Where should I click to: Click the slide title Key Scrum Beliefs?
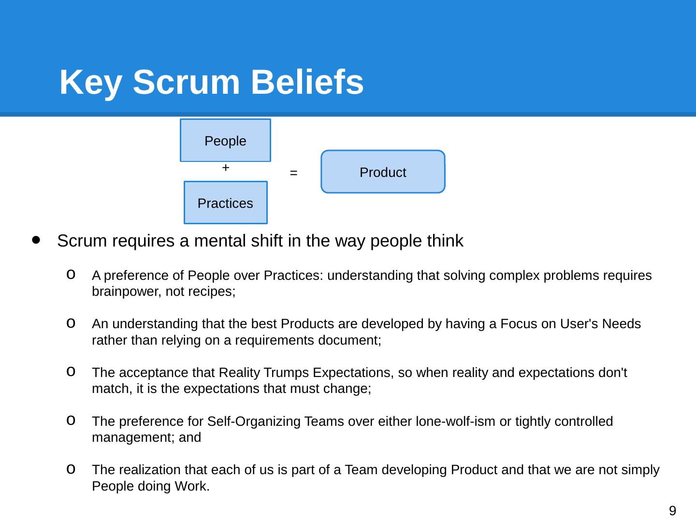tap(211, 82)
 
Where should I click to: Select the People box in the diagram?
tap(225, 141)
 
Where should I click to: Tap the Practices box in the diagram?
tap(225, 203)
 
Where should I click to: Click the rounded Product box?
tap(383, 172)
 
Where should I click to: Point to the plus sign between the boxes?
tap(225, 168)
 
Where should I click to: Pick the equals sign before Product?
tap(293, 173)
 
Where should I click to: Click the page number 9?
tap(672, 510)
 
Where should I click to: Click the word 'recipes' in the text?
tap(214, 292)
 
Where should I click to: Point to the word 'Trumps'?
tap(286, 373)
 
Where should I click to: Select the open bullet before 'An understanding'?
tap(71, 322)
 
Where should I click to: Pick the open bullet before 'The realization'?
tap(71, 468)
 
